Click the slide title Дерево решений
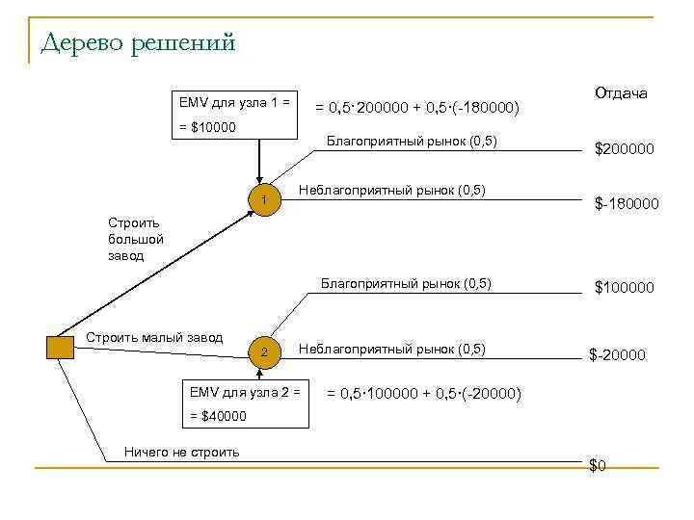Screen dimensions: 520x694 139,43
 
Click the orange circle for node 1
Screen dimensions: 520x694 263,199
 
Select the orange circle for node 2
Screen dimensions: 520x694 263,351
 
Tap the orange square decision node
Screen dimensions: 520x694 60,348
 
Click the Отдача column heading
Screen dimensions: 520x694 621,94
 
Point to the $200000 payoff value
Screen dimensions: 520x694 624,149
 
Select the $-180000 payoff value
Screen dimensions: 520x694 626,204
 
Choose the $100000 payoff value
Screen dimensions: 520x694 624,287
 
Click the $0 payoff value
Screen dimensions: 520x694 598,466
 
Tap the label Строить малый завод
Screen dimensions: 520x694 154,337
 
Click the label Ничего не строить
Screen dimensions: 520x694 182,452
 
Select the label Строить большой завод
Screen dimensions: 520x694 136,239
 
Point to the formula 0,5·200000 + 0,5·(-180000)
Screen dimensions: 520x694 418,108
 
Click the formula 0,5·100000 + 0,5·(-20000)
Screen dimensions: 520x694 425,394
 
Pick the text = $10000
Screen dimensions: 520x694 207,127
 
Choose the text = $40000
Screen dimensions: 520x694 218,416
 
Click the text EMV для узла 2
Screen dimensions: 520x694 245,392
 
